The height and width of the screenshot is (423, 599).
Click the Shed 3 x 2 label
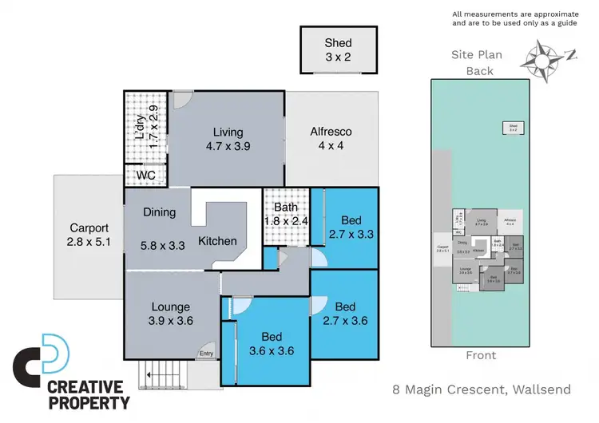338,49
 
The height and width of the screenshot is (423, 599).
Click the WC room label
145,175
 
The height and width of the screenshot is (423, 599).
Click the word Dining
159,212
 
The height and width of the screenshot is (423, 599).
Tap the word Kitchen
217,240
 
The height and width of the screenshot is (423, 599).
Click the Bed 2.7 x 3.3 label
351,227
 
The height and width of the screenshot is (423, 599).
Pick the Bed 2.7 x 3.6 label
345,314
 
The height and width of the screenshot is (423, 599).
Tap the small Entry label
206,354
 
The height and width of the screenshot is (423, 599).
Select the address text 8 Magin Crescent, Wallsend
481,390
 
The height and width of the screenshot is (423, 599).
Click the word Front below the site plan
480,355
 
